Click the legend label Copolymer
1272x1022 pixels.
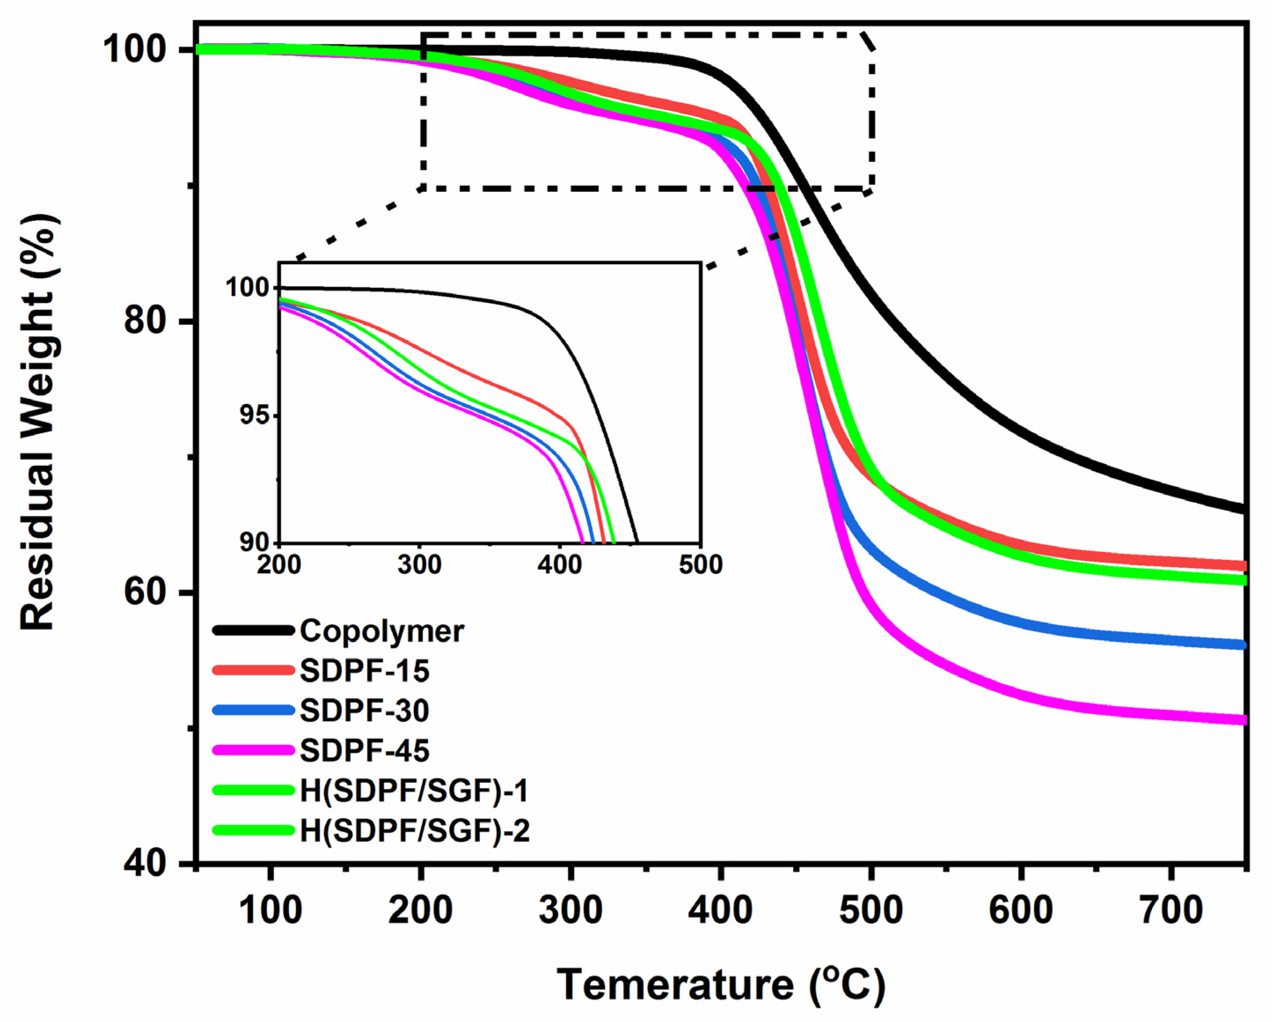381,631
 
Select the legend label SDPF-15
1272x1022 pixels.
364,671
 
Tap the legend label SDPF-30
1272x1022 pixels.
364,710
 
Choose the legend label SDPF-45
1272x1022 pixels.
364,750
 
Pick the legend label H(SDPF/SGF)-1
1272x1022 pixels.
414,790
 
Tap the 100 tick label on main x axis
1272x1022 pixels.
270,911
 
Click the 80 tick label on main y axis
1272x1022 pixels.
147,322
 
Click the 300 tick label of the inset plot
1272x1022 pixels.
419,565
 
